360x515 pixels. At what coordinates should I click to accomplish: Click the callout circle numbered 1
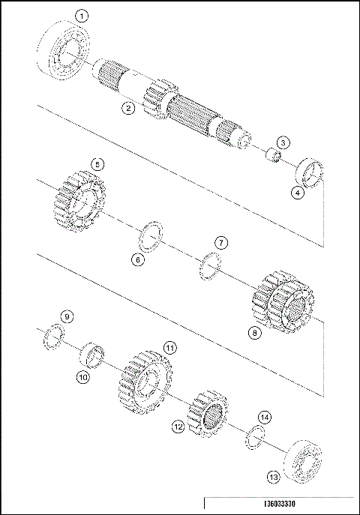point(82,15)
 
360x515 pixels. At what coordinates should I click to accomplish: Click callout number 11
point(170,348)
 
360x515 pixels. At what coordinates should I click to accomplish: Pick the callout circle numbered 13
point(274,475)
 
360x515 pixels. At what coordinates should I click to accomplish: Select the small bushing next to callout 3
point(274,158)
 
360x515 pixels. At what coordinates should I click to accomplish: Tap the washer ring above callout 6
point(151,234)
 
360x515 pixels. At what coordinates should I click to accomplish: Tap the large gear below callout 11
point(145,382)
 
